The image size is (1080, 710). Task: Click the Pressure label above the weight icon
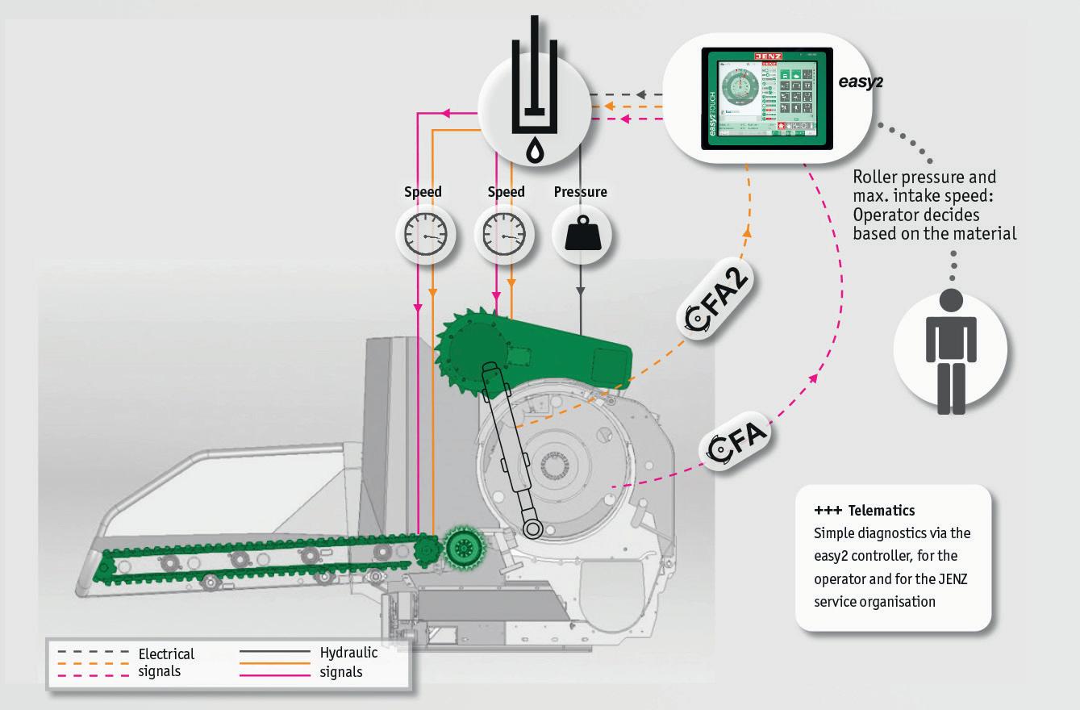click(x=581, y=192)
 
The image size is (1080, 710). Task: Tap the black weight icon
click(x=582, y=235)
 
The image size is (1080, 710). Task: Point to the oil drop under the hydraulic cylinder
click(x=533, y=150)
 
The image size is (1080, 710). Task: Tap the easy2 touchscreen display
click(x=766, y=99)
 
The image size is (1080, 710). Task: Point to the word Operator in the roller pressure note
click(x=885, y=215)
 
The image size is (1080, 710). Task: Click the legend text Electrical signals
click(x=166, y=662)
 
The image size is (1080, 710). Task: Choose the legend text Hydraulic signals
click(x=348, y=662)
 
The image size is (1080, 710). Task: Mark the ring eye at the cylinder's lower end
click(x=532, y=528)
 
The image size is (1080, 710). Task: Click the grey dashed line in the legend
click(x=94, y=650)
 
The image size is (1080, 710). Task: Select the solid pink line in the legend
click(x=275, y=673)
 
